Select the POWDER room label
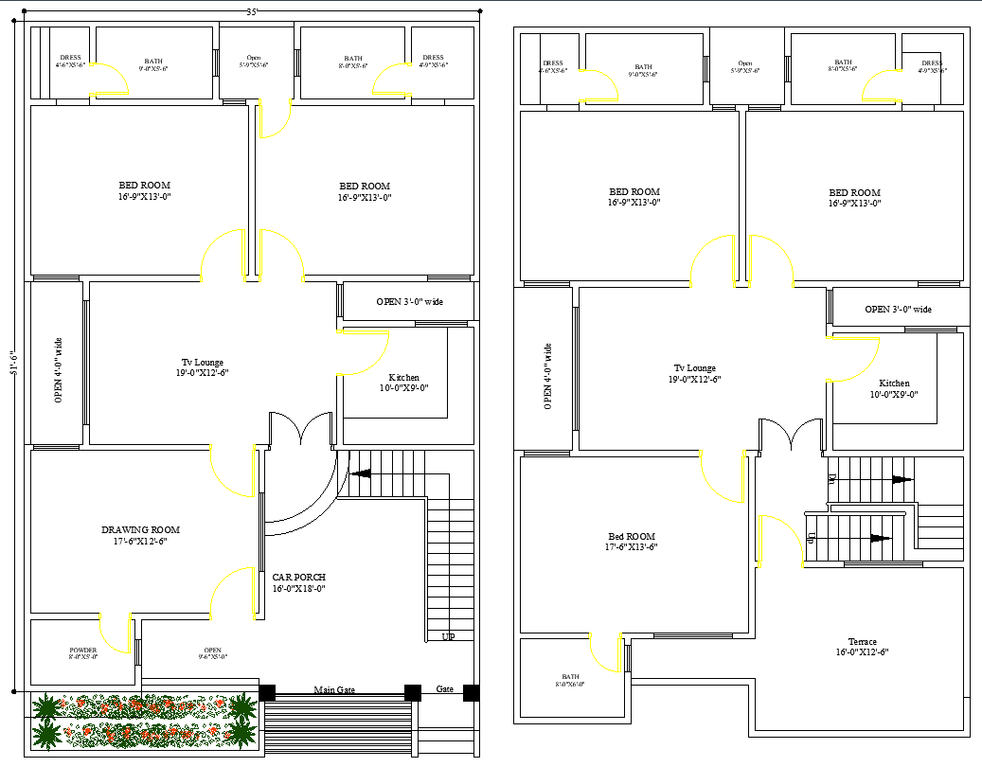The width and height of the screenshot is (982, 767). point(82,651)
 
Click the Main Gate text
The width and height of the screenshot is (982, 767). point(334,690)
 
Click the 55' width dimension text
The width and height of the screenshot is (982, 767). point(252,11)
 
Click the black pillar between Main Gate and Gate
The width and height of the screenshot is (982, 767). point(413,692)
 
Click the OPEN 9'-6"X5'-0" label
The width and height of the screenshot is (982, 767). point(212,651)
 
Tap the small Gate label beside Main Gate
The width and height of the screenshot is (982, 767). point(444,688)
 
